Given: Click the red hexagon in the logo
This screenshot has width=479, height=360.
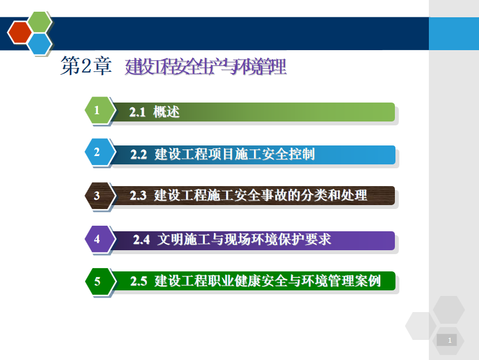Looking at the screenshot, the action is (x=20, y=32).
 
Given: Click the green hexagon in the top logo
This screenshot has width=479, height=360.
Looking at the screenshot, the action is (x=40, y=22).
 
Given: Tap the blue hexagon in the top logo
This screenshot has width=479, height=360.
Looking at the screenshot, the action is (x=40, y=43).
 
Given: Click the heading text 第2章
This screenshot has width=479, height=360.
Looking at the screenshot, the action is (x=86, y=66).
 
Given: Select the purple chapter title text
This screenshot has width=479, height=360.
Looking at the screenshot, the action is (x=206, y=67).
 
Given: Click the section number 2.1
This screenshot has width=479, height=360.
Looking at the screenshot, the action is (x=137, y=112).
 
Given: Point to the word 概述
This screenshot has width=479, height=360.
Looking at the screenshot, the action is (x=166, y=112).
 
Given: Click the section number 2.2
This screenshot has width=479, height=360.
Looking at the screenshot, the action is (x=138, y=154).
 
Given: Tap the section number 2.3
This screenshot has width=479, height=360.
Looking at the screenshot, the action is (x=138, y=196).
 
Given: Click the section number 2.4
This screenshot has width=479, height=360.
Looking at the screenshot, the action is (x=141, y=240).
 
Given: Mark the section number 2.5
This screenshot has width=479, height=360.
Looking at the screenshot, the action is (x=138, y=281).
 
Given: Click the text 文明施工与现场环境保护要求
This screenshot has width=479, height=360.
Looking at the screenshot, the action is (x=244, y=239).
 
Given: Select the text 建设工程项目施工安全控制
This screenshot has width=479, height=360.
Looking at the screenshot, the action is (x=234, y=154).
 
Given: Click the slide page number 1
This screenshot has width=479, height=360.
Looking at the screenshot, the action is (x=449, y=340).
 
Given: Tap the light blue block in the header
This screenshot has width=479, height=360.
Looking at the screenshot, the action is (x=454, y=33).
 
